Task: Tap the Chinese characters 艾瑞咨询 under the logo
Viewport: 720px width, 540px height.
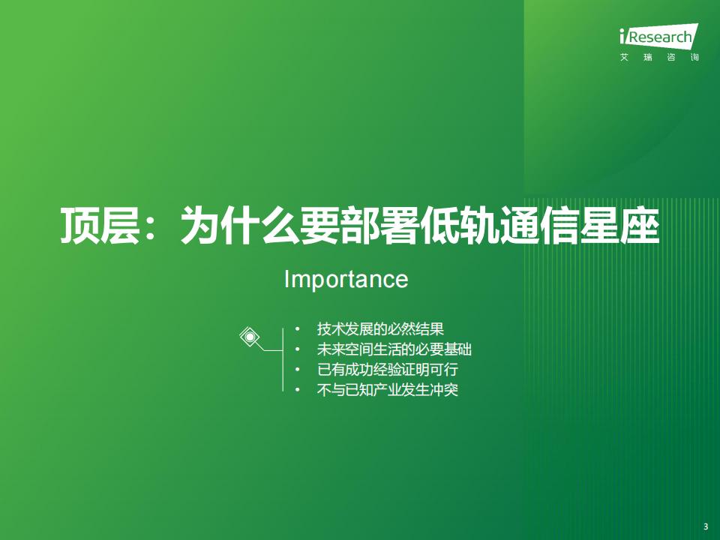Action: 659,58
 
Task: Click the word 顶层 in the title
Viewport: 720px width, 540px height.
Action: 100,226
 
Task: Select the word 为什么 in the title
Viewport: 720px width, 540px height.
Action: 240,226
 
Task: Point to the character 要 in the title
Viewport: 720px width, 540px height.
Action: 320,226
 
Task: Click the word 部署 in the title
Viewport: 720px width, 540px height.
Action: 380,226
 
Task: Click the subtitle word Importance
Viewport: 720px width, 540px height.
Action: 346,280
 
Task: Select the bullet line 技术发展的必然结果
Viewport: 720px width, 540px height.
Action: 381,328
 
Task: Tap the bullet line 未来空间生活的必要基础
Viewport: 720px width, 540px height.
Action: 394,349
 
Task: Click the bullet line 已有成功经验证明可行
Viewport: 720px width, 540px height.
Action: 388,369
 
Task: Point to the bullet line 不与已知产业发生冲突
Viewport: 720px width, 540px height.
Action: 388,390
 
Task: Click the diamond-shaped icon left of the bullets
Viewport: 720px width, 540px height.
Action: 250,337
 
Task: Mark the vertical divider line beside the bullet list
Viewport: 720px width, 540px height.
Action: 283,359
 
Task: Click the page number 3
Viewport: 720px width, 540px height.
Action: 706,526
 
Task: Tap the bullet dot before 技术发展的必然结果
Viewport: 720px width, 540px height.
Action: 298,329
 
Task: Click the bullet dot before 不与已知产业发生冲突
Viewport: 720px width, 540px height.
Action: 298,390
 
